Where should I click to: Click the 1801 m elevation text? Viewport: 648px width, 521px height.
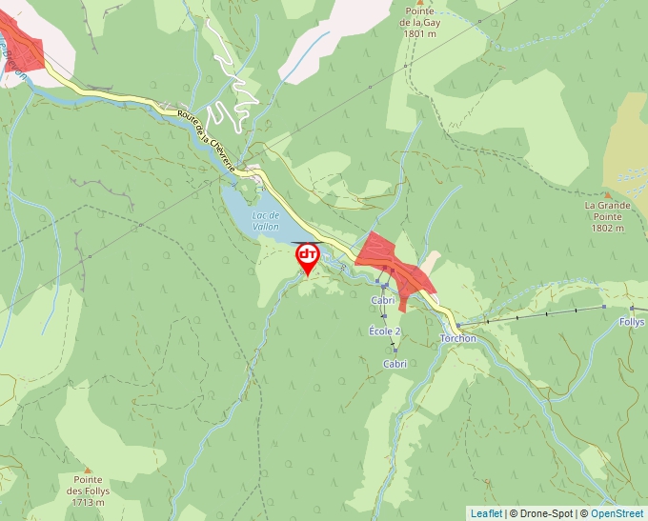pyautogui.click(x=419, y=33)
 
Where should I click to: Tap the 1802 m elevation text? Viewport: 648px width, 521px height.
pyautogui.click(x=606, y=228)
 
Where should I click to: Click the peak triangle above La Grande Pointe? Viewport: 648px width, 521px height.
pyautogui.click(x=606, y=194)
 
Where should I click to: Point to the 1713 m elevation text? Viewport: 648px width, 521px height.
pyautogui.click(x=87, y=502)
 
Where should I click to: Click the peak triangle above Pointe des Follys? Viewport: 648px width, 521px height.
pyautogui.click(x=87, y=470)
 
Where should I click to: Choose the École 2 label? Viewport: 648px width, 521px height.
pyautogui.click(x=385, y=331)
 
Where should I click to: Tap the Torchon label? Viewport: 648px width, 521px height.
pyautogui.click(x=458, y=338)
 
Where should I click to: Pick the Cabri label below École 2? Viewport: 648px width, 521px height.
pyautogui.click(x=395, y=364)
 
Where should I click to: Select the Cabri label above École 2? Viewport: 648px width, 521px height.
pyautogui.click(x=383, y=300)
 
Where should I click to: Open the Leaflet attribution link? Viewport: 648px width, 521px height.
pyautogui.click(x=486, y=513)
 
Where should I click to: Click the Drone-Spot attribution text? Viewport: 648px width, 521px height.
pyautogui.click(x=546, y=513)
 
